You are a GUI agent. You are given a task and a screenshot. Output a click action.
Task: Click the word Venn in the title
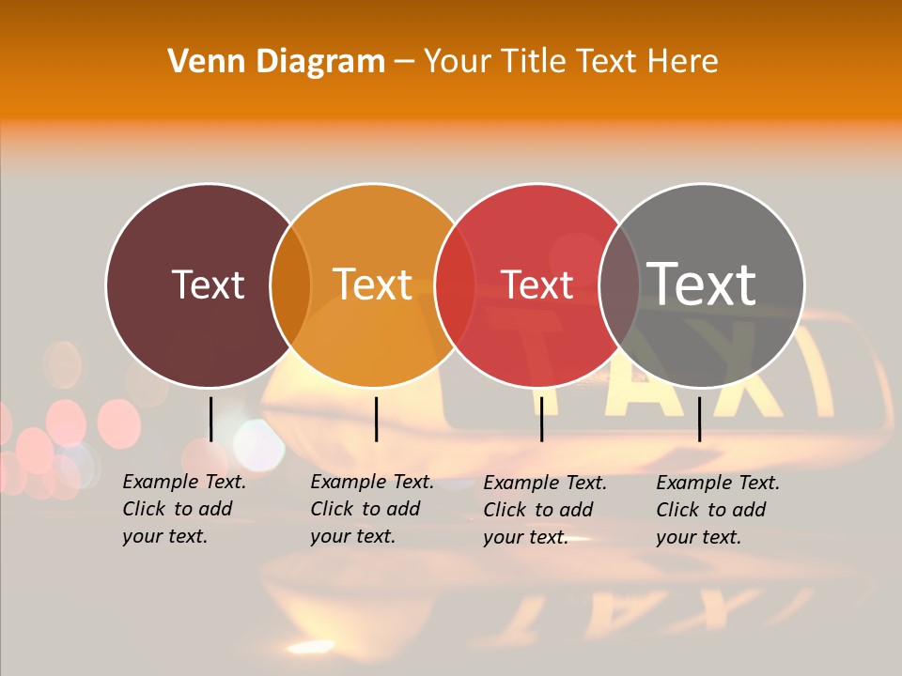[199, 62]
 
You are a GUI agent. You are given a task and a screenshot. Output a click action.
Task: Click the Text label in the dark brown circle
[208, 284]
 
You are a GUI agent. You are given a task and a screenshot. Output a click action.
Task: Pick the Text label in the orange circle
[373, 284]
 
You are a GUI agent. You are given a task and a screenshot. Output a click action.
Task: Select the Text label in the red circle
[538, 284]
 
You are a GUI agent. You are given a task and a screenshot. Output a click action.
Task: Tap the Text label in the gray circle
[702, 284]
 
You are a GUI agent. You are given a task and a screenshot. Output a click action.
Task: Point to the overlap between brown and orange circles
[290, 285]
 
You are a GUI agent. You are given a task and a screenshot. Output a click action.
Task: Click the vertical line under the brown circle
[210, 419]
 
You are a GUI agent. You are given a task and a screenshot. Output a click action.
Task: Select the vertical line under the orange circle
[376, 419]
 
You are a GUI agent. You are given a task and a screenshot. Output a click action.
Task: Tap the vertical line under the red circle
[541, 419]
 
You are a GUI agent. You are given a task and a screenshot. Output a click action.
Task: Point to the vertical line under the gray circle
[699, 419]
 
